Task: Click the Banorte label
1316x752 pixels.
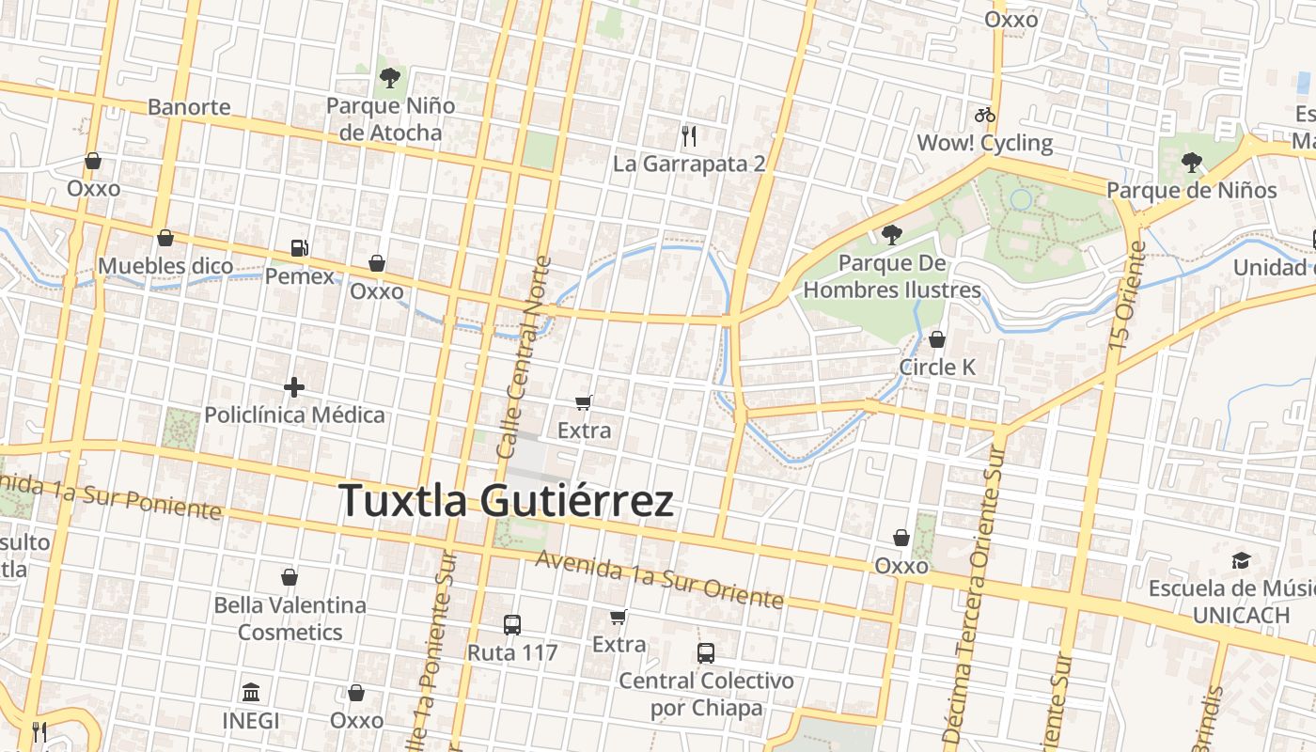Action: pyautogui.click(x=189, y=106)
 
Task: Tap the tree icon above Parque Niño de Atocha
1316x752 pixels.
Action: pyautogui.click(x=389, y=78)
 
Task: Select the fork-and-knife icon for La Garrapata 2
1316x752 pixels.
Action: pyautogui.click(x=689, y=136)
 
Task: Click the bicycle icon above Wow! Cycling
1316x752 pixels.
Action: pyautogui.click(x=984, y=116)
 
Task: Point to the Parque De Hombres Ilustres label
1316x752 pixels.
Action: pyautogui.click(x=891, y=276)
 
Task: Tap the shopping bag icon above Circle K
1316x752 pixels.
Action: pyautogui.click(x=936, y=339)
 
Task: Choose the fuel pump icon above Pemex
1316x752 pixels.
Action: pyautogui.click(x=300, y=248)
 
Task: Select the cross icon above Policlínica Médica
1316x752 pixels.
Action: pyautogui.click(x=294, y=386)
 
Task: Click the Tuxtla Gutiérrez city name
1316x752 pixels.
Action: pyautogui.click(x=506, y=500)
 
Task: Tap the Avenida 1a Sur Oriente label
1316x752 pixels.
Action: pyautogui.click(x=659, y=579)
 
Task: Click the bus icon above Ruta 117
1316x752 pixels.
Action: pyautogui.click(x=512, y=624)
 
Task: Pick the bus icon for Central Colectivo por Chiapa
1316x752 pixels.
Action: pyautogui.click(x=705, y=652)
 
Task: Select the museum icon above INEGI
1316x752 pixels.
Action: pyautogui.click(x=251, y=693)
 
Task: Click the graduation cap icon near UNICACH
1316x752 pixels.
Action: pyautogui.click(x=1241, y=561)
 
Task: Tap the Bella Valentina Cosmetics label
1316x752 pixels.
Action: pyautogui.click(x=290, y=618)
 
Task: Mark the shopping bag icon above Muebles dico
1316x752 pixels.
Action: pyautogui.click(x=165, y=238)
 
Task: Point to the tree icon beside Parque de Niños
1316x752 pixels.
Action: pyautogui.click(x=1192, y=163)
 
